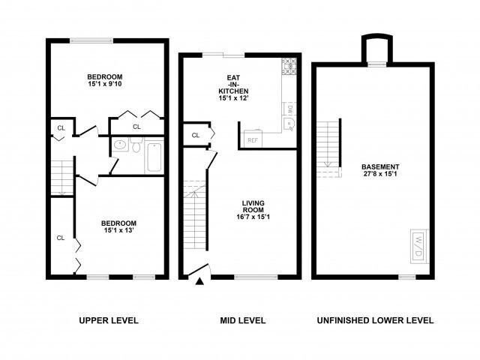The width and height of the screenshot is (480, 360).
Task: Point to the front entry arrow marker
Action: [x=199, y=281]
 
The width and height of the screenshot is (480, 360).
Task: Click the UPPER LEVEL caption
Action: [x=109, y=321]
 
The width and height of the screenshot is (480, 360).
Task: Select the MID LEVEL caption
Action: [x=242, y=321]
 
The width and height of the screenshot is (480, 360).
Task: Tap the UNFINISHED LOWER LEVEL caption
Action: [x=373, y=321]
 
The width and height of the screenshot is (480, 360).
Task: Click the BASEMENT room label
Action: [x=380, y=166]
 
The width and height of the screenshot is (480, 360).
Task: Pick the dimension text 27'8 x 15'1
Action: [x=380, y=175]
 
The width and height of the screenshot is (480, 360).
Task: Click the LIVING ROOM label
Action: [x=252, y=206]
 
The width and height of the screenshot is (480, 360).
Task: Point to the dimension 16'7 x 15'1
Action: [x=252, y=217]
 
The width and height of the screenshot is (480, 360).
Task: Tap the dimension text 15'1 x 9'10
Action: [x=105, y=85]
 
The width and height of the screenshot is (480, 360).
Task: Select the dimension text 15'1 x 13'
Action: [x=119, y=232]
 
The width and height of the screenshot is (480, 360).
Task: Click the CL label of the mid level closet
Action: [x=196, y=135]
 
